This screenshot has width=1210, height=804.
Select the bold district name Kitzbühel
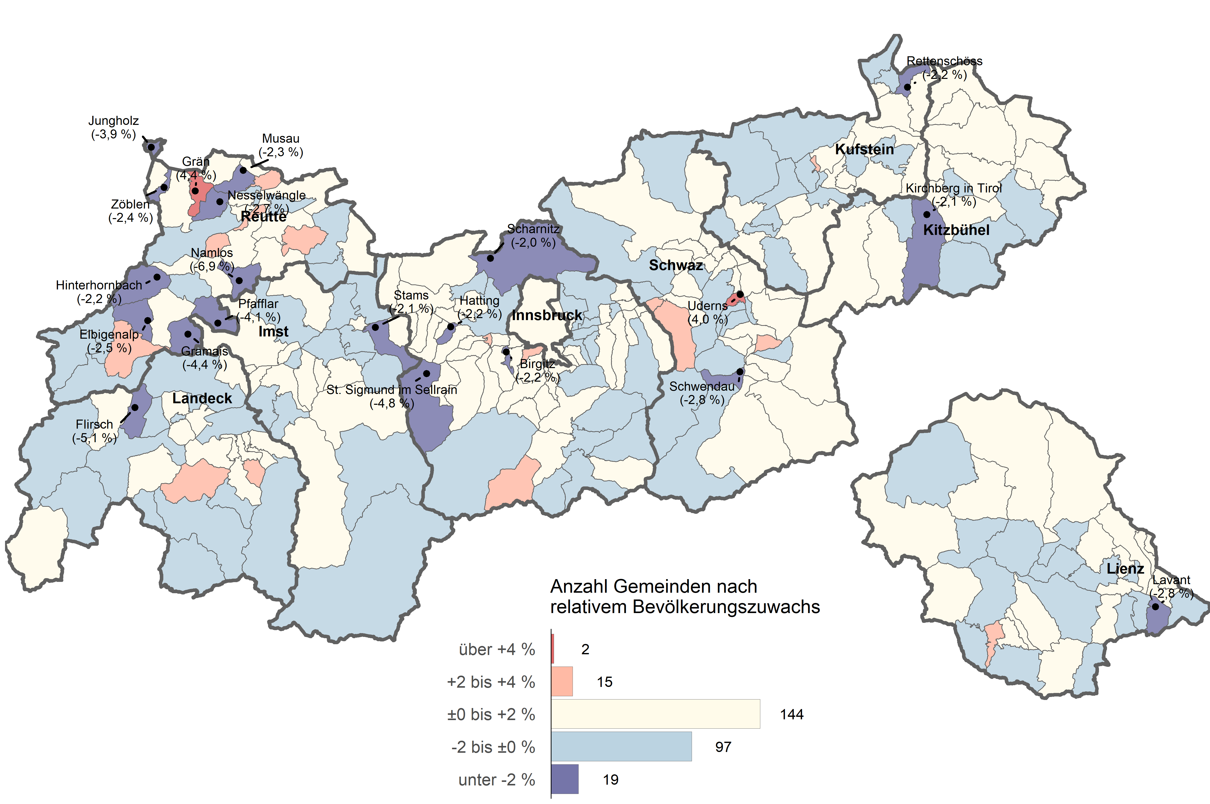[956, 230]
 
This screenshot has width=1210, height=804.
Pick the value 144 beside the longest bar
[792, 714]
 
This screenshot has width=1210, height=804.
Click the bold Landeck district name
[202, 398]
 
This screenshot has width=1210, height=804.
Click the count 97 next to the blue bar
[723, 747]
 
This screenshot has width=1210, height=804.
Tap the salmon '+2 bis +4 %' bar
[562, 681]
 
